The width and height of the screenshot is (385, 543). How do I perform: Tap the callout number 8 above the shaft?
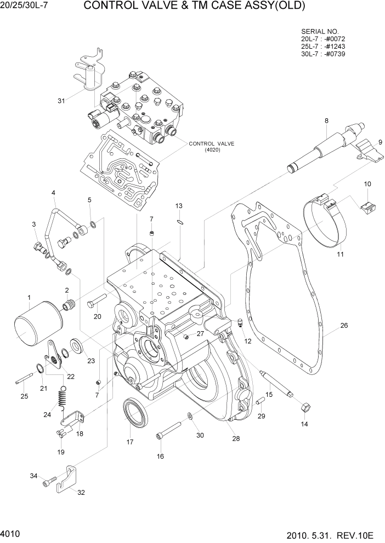click(326, 121)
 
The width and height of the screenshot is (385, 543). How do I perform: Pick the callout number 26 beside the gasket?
click(343, 326)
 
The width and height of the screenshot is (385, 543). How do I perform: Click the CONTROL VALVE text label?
click(211, 144)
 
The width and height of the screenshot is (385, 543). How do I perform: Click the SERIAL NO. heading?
click(320, 31)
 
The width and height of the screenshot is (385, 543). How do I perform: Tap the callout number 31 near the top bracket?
click(61, 100)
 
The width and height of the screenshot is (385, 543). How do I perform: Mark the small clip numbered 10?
click(366, 206)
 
